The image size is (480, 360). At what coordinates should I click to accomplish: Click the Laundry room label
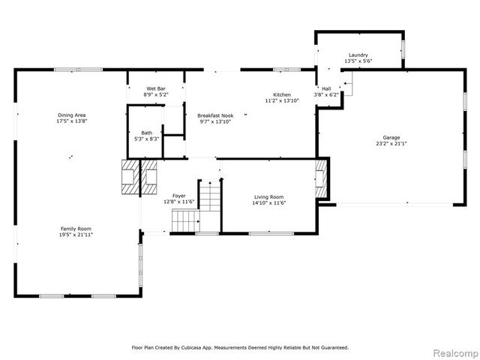point(358,55)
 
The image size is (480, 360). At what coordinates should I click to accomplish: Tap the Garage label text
point(391,138)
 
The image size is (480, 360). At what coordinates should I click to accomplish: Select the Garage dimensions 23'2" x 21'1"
point(391,144)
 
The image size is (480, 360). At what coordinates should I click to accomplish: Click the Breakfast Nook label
point(215,115)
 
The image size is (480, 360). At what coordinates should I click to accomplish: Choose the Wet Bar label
point(157,89)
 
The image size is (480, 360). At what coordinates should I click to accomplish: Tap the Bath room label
point(146,133)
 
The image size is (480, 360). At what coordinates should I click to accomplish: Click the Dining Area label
point(71,115)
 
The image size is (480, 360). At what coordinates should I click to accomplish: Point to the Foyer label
point(179,196)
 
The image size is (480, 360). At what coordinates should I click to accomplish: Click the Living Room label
point(268,196)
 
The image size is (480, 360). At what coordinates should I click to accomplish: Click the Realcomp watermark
point(456,352)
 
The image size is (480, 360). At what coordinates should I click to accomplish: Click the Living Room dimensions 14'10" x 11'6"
point(268,202)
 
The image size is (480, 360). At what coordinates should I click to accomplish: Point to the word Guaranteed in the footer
point(333,347)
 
